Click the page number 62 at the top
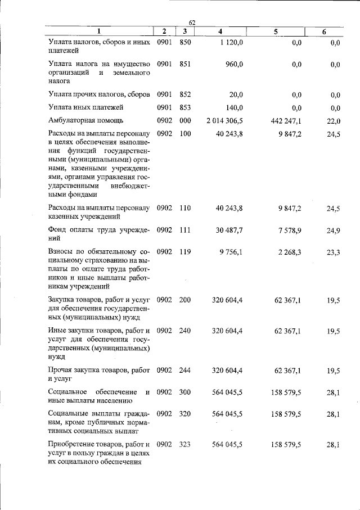pos(192,22)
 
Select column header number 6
pos(324,32)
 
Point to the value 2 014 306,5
pos(224,120)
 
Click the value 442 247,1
pos(286,120)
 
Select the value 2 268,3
pos(289,252)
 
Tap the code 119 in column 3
pos(185,252)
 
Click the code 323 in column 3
pos(185,444)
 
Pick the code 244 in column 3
pos(185,370)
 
